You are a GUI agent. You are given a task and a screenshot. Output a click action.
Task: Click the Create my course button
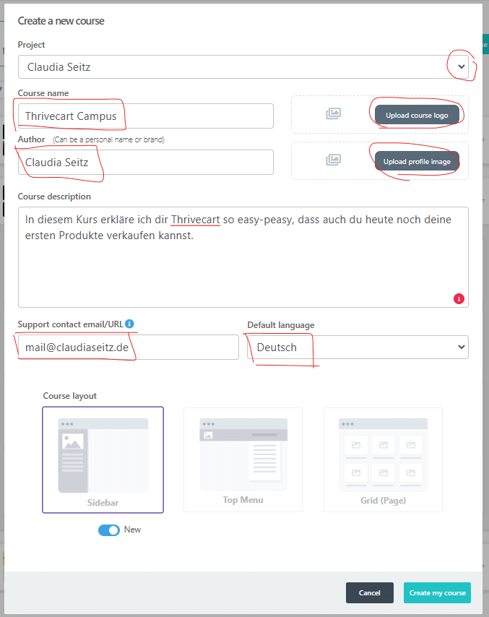pos(437,592)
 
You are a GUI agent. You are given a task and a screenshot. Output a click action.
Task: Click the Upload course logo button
pos(417,116)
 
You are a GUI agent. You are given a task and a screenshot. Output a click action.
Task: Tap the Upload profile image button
pos(417,161)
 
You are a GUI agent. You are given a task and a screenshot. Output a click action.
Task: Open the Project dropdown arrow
pos(462,66)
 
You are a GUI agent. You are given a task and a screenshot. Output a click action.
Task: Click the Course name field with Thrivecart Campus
pos(146,116)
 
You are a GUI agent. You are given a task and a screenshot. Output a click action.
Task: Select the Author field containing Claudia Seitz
pos(146,162)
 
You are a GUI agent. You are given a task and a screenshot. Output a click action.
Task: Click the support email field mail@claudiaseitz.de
pos(129,347)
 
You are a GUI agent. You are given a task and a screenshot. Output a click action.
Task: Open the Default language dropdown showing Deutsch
pos(358,347)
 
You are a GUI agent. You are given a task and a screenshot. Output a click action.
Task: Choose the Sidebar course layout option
pos(103,459)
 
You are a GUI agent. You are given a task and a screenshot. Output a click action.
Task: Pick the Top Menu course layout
pos(243,459)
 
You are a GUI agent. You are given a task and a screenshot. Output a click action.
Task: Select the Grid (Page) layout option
pos(383,459)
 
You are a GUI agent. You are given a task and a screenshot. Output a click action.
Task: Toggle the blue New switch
pos(109,530)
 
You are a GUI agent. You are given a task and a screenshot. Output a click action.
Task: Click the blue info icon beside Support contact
pos(129,324)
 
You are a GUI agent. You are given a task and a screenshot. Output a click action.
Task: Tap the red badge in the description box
pos(459,299)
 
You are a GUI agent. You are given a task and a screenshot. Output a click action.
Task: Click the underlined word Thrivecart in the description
pos(196,220)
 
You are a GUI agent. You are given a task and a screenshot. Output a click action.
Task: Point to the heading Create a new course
pos(61,21)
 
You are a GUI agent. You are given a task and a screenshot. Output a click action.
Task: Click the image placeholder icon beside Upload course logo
pos(333,113)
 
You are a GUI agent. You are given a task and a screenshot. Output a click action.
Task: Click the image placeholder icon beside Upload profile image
pos(333,160)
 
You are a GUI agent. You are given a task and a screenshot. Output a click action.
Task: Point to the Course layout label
pos(69,396)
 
